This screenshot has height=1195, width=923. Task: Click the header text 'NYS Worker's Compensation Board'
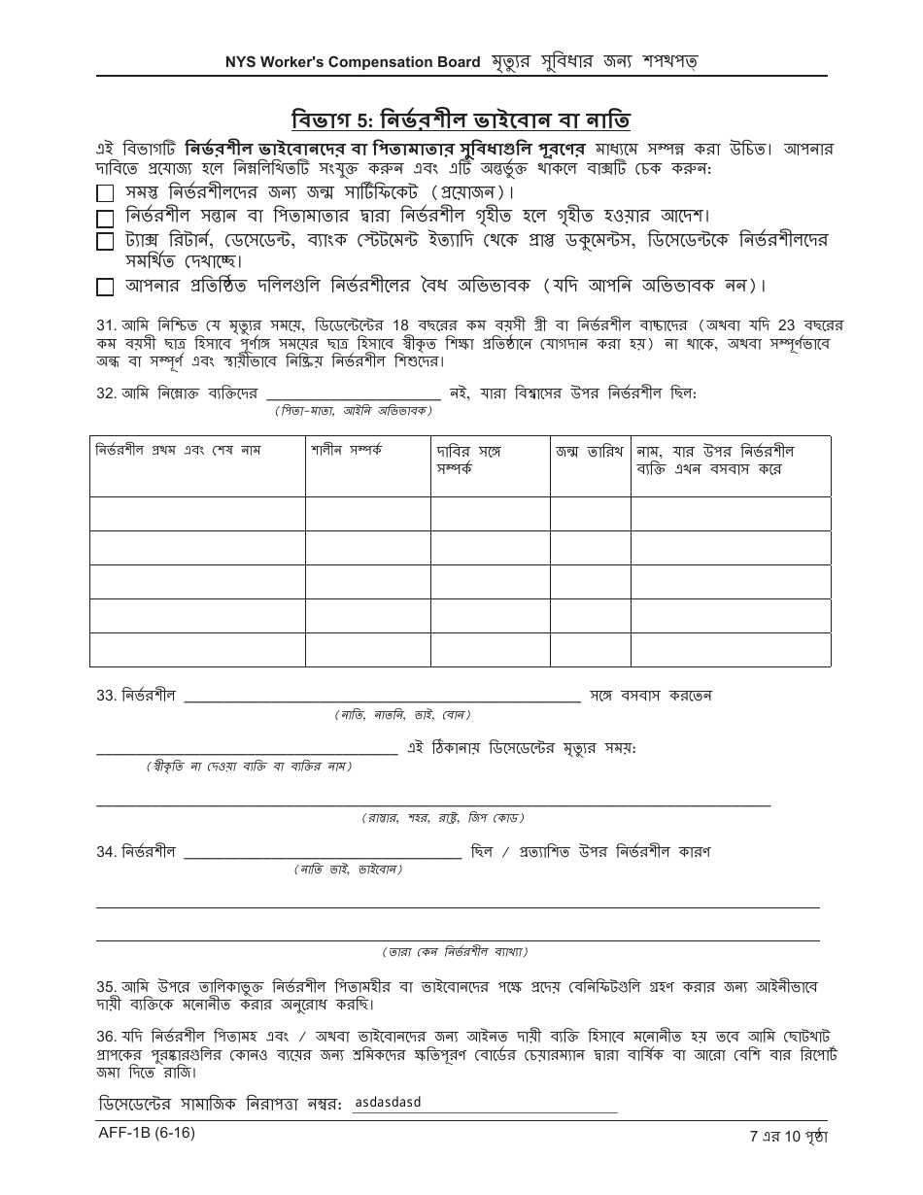(x=353, y=62)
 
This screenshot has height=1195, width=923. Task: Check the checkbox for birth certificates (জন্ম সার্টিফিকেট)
(x=105, y=193)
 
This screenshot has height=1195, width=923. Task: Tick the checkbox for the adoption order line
(x=105, y=217)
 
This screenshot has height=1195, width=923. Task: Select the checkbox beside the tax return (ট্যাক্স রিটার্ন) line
(x=105, y=241)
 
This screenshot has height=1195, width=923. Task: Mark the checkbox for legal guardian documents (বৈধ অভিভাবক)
(x=105, y=287)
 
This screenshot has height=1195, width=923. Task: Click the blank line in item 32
(x=354, y=393)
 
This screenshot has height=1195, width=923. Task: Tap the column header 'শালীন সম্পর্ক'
(x=346, y=451)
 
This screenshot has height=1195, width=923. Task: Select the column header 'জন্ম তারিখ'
(x=590, y=451)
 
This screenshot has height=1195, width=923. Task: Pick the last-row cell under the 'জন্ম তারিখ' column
(x=590, y=649)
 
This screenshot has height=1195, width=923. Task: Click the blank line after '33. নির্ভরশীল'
(x=382, y=697)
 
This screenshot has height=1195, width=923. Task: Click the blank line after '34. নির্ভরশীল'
(x=323, y=853)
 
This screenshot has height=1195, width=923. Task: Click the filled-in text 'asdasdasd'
(x=388, y=1103)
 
